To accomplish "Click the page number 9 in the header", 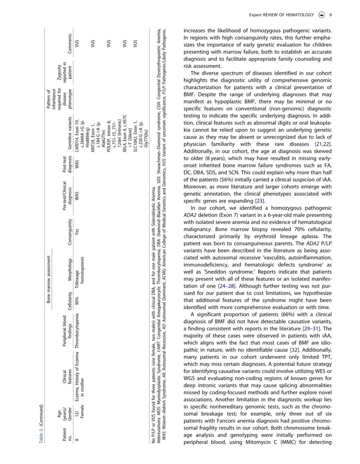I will point(330,14).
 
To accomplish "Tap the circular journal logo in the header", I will point(322,14).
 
